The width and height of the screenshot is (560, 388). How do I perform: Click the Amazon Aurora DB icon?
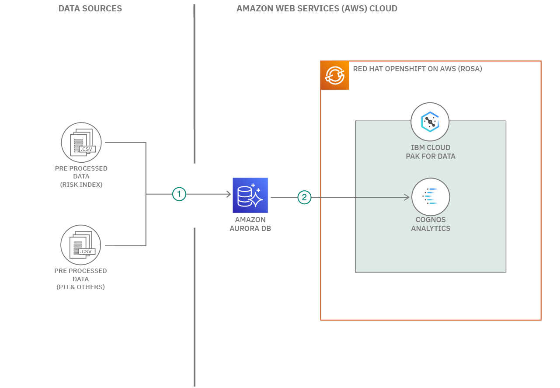[250, 195]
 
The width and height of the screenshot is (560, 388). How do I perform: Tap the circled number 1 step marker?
[179, 194]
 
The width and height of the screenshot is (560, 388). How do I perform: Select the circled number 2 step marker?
[304, 197]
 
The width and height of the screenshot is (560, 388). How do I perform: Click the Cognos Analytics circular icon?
[430, 197]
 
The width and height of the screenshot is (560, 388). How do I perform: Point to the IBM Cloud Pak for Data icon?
[430, 122]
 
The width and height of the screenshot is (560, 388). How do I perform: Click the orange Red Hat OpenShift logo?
[335, 75]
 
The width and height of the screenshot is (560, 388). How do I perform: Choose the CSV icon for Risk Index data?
[81, 142]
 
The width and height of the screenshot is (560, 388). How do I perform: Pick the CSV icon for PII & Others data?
[81, 245]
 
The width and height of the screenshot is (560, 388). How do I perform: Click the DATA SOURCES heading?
[90, 8]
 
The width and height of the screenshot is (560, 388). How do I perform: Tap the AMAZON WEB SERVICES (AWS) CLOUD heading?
[317, 8]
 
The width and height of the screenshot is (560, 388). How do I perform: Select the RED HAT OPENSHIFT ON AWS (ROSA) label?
[417, 69]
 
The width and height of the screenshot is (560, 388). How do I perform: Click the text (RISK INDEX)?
[81, 185]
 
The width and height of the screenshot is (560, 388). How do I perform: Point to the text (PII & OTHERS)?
[80, 287]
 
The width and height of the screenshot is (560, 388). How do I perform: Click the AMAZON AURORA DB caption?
[250, 224]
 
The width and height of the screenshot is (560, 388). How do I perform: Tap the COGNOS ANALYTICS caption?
[430, 224]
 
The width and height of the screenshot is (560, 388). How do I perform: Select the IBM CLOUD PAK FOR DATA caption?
[430, 152]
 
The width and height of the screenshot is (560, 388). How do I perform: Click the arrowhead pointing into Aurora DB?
[228, 194]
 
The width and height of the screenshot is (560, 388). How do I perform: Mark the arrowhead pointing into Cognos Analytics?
[407, 197]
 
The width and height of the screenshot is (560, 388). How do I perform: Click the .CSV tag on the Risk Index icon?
[87, 149]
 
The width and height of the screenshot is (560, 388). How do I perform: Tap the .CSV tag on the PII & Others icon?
[87, 252]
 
